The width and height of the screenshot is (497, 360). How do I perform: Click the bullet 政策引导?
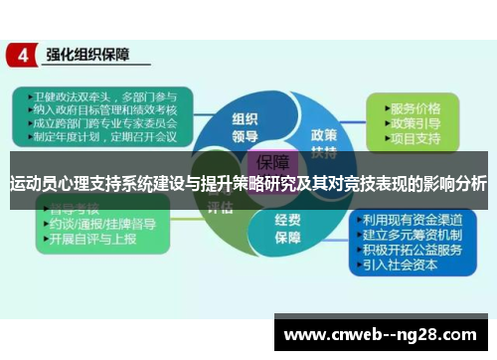point(416,123)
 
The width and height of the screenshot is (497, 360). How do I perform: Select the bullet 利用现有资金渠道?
point(414,221)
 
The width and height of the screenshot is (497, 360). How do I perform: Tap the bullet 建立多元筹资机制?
point(414,235)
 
